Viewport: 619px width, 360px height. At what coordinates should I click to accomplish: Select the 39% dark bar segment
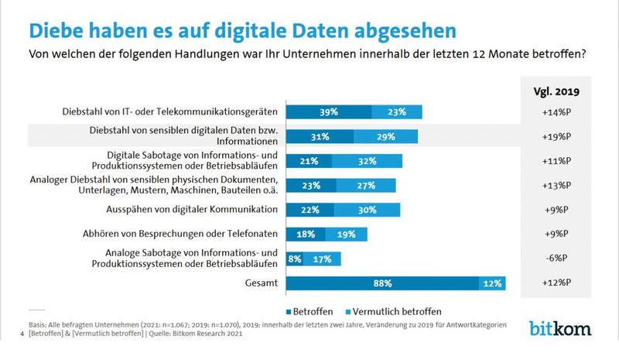click(329, 112)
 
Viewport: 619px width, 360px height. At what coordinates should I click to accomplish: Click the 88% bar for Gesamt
click(383, 283)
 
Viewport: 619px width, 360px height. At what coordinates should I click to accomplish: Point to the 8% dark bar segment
click(293, 259)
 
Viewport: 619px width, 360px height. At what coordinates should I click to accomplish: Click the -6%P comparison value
click(556, 259)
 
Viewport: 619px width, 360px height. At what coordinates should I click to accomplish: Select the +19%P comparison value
click(556, 136)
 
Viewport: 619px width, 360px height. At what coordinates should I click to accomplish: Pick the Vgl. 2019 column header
click(556, 91)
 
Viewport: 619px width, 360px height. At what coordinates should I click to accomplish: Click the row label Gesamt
click(260, 283)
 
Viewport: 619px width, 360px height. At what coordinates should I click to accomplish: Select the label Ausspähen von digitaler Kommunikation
click(192, 210)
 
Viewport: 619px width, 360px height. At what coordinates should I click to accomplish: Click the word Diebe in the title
click(60, 29)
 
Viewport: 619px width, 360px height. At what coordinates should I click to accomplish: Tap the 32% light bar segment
click(366, 161)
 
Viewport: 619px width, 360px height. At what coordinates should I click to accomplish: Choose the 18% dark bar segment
click(306, 234)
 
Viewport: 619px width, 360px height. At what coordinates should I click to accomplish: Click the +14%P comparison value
click(556, 112)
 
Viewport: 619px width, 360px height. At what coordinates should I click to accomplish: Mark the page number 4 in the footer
click(20, 333)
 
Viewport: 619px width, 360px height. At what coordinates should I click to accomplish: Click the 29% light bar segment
click(385, 136)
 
